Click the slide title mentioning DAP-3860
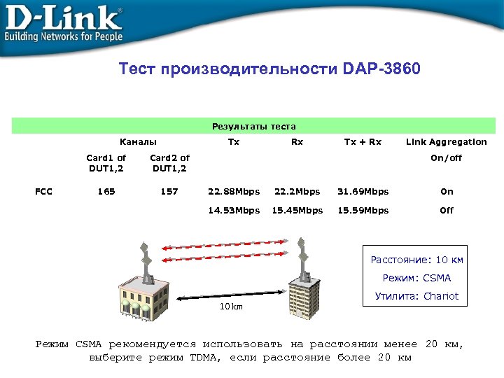269,70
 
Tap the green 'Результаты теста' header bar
253,127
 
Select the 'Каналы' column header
138,142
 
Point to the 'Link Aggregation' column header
447,142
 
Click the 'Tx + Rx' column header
363,142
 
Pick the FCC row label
43,191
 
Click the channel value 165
106,191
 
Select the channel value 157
169,191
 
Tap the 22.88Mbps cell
234,191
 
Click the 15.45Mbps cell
297,210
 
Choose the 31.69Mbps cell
363,191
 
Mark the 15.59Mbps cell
363,210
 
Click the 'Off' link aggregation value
447,210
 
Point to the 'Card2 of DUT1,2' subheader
169,163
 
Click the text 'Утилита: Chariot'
416,296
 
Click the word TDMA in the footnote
205,358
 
